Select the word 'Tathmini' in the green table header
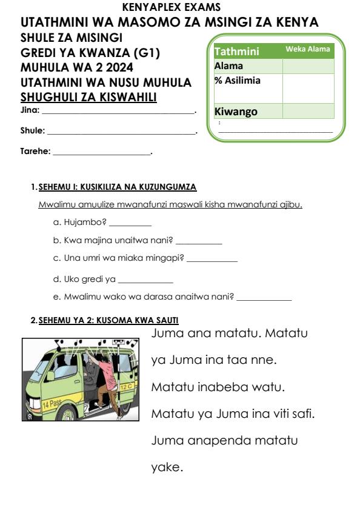[x=237, y=52]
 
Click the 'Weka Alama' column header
[x=308, y=49]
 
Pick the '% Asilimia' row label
[x=238, y=80]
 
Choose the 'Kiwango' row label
[x=236, y=112]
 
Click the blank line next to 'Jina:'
[x=118, y=112]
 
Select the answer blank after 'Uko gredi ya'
[x=145, y=281]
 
